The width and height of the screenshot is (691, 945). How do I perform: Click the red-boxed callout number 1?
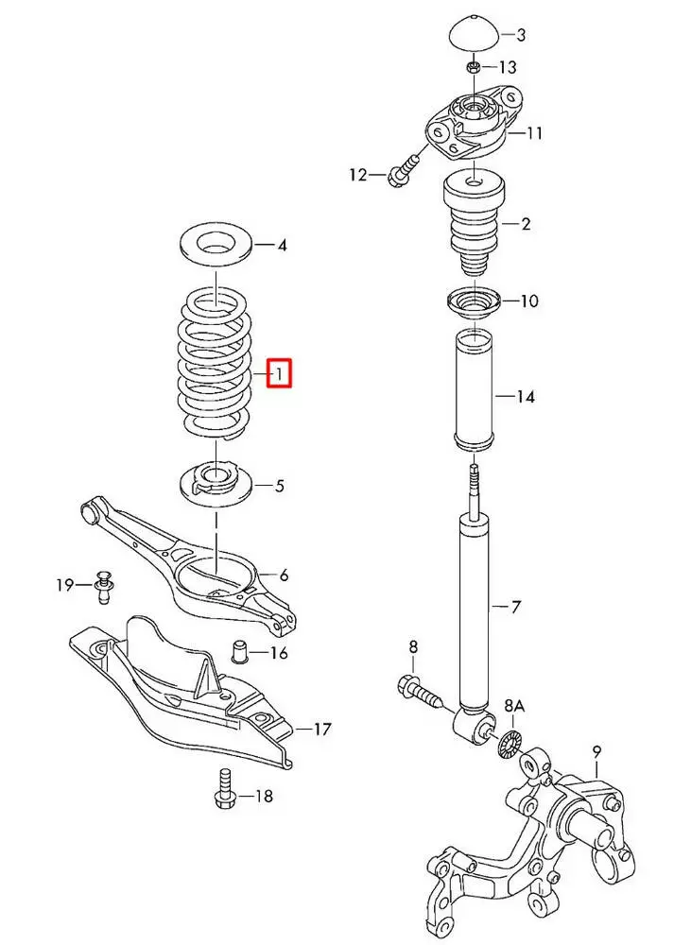[281, 374]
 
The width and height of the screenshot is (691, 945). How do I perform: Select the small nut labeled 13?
[474, 66]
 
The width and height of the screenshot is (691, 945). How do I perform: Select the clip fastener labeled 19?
[103, 587]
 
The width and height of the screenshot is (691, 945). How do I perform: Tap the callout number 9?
[596, 752]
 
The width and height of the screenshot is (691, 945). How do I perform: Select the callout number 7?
[515, 607]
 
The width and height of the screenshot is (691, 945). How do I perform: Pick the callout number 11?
[534, 133]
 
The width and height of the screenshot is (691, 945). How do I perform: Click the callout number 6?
[284, 575]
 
